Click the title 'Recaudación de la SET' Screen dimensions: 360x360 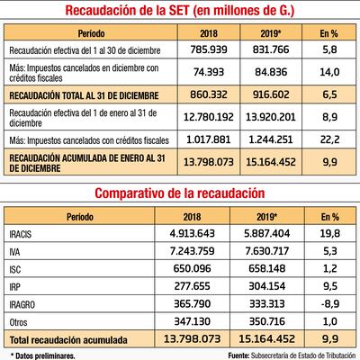[x=179, y=11]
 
